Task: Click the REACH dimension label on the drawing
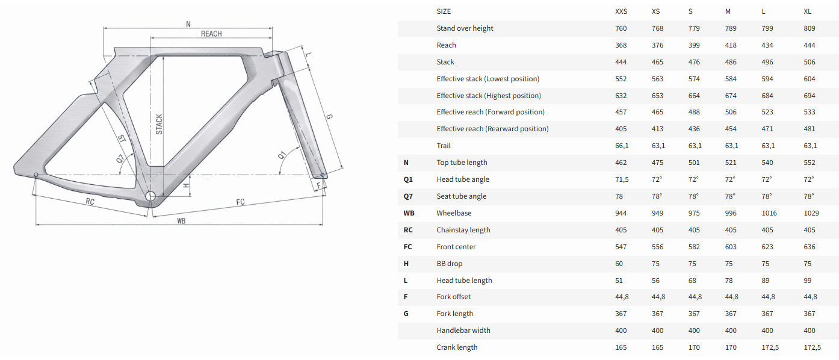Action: pos(211,34)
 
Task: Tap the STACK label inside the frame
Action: pos(159,125)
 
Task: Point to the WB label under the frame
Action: pos(181,221)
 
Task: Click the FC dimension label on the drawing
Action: pos(241,202)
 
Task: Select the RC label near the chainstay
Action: pos(90,202)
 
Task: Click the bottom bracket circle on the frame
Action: pos(150,196)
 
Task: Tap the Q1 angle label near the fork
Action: pos(282,155)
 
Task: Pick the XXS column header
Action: pos(621,11)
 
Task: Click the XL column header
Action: pos(807,11)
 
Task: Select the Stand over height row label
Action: pos(465,28)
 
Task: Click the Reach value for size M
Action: pos(731,45)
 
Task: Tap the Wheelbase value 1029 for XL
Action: pos(811,213)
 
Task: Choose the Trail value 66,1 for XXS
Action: pos(622,146)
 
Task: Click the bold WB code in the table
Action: pos(409,213)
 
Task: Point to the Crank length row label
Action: pos(457,347)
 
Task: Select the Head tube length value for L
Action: pos(765,281)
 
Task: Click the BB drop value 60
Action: pos(619,264)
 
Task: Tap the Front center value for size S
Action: pos(694,247)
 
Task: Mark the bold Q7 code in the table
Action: pos(408,196)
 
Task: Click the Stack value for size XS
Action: pos(657,62)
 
